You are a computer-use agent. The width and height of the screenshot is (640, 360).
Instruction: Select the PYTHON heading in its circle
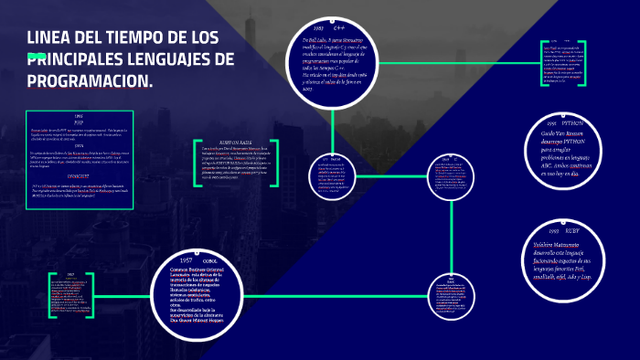[x=572, y=122]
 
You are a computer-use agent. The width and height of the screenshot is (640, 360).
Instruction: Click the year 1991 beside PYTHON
[x=551, y=122]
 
